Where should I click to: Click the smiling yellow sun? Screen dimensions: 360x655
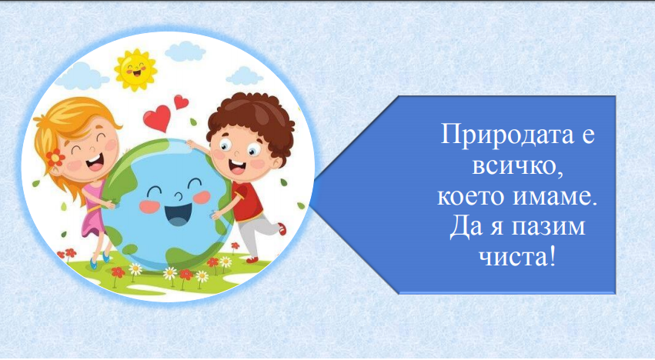[x=135, y=67]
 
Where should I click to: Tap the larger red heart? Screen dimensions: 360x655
[x=157, y=117]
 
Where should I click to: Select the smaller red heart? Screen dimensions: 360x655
[x=181, y=102]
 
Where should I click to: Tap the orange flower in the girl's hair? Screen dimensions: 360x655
[x=56, y=157]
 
